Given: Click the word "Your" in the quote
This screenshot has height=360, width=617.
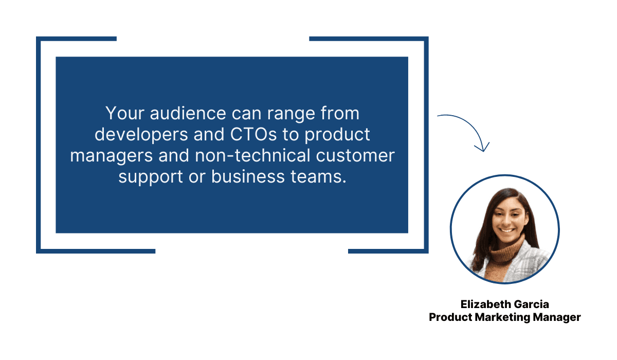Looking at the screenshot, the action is point(125,113).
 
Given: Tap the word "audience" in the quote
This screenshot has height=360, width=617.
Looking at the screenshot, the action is point(188,113).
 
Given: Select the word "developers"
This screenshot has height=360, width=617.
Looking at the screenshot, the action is point(141,134).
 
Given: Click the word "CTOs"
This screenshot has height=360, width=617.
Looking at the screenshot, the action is point(253,134).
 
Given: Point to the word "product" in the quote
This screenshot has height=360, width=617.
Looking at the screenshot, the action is point(337,135).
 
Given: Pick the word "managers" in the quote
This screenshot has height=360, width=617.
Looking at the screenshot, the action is point(111,156).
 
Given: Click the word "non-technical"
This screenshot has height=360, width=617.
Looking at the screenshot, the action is point(252,155).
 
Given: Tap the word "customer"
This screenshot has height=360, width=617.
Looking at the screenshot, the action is point(355,156).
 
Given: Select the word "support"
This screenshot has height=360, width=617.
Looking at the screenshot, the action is point(150,177).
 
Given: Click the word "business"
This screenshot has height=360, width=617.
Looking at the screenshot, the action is point(248,176).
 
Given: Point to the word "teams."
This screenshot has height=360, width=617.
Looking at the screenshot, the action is point(318,177).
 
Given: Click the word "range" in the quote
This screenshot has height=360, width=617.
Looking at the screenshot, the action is point(291,114).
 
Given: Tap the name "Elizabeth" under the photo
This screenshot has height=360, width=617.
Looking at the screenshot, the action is point(485,304).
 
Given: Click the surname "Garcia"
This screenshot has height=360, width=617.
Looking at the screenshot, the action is point(531,304).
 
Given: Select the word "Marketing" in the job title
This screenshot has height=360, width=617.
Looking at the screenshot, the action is point(502,317).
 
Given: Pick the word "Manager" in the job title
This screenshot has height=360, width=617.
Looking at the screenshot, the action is point(557,317).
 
